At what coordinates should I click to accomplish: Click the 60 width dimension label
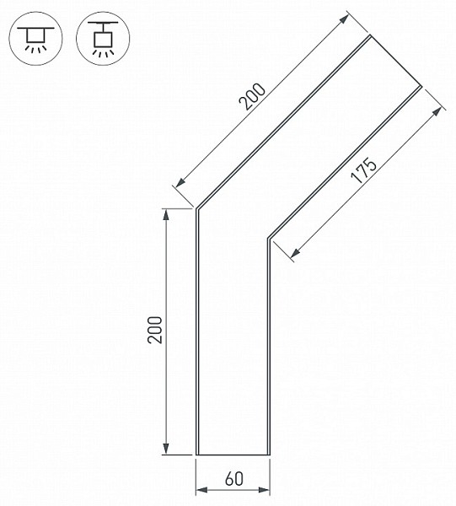click(x=234, y=479)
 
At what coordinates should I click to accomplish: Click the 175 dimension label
click(x=363, y=170)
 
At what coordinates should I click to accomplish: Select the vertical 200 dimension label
click(x=155, y=330)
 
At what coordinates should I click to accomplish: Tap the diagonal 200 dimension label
click(x=253, y=96)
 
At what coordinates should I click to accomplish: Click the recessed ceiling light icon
click(x=35, y=39)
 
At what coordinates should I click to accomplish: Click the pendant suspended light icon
click(x=103, y=39)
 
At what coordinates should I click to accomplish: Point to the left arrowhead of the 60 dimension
click(x=202, y=490)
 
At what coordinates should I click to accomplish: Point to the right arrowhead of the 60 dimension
click(x=264, y=490)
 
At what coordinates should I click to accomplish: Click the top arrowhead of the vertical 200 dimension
click(x=166, y=215)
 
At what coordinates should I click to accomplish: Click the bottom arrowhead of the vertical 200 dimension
click(x=166, y=449)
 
